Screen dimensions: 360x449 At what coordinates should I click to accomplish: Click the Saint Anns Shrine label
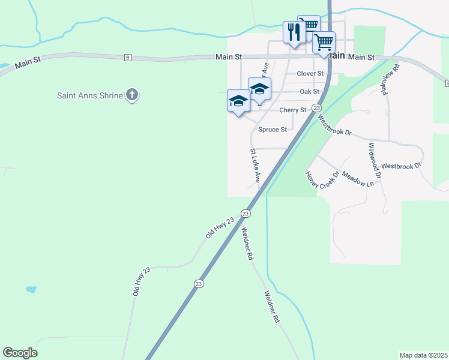90,95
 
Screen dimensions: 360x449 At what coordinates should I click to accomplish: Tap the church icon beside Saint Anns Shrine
132,95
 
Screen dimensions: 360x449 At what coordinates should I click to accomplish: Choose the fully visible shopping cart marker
324,43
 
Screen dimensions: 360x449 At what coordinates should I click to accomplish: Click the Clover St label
310,74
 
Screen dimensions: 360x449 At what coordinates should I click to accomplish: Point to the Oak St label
309,92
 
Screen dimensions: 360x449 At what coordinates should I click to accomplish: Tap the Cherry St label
293,110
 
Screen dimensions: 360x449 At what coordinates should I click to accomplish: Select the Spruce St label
272,130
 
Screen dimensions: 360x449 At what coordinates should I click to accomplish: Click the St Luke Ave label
255,166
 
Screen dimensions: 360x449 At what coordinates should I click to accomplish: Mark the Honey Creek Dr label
322,179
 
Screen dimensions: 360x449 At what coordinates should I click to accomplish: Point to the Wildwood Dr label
375,161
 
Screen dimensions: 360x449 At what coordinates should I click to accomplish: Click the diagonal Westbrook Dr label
335,125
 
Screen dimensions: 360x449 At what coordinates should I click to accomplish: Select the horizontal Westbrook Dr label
402,166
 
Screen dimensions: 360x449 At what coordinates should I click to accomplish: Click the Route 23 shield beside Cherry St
316,106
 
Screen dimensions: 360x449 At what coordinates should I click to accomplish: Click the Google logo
20,353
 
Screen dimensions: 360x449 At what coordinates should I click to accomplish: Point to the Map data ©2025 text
424,355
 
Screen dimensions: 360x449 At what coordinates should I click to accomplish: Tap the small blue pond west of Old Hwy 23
31,289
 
